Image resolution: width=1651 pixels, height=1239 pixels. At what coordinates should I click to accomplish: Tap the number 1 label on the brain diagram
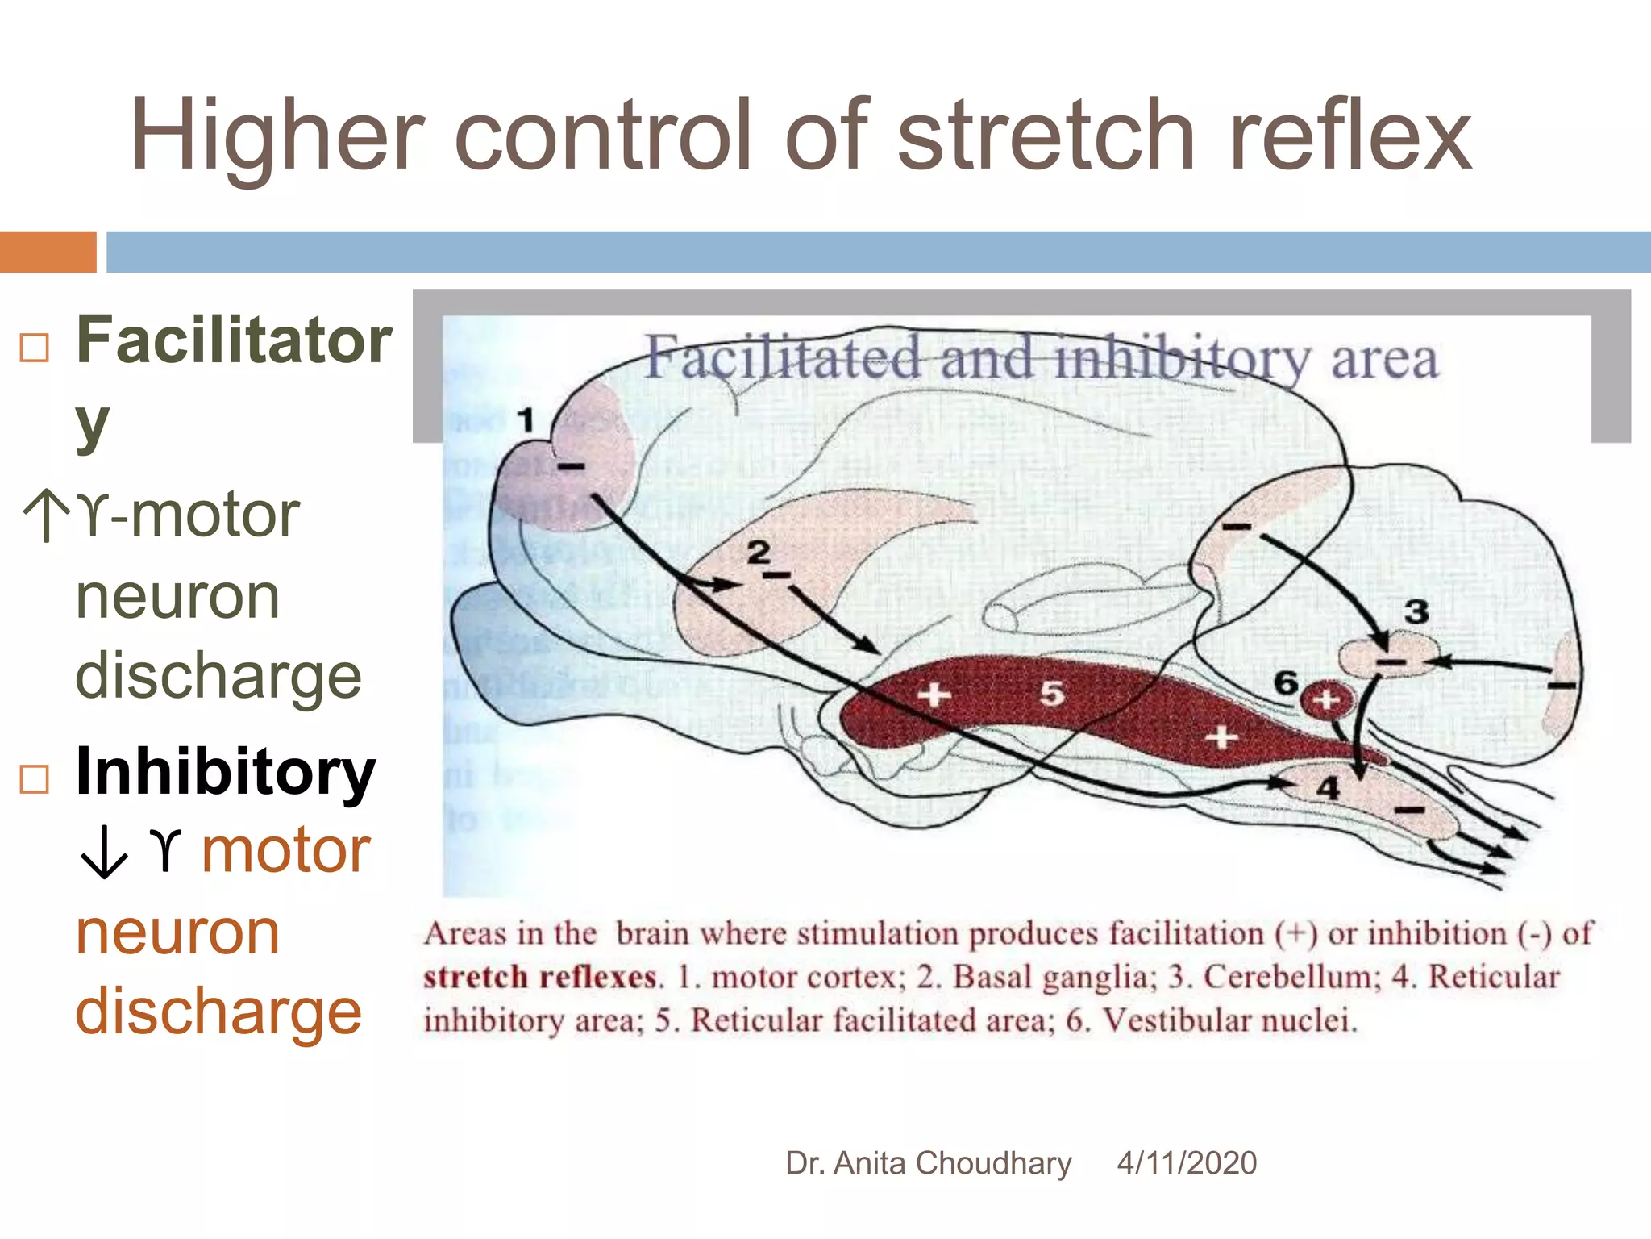(x=526, y=419)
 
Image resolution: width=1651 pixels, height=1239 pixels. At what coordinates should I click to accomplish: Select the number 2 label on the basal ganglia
(x=759, y=553)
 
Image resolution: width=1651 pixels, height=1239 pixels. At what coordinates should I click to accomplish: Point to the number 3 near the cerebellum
(x=1416, y=611)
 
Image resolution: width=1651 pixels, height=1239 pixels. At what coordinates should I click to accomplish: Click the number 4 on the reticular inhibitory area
(x=1329, y=787)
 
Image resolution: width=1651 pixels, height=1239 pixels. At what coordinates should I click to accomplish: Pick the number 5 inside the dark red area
(x=1051, y=692)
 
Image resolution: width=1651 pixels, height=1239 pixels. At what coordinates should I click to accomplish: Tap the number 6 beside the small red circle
(x=1286, y=682)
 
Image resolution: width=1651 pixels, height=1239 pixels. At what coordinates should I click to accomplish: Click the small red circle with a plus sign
(x=1326, y=700)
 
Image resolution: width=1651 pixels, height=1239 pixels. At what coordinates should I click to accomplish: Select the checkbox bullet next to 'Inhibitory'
(x=35, y=778)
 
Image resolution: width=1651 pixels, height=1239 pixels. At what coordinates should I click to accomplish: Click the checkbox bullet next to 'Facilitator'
(x=35, y=348)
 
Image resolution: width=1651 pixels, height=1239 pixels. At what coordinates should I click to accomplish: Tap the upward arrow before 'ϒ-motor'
(x=47, y=515)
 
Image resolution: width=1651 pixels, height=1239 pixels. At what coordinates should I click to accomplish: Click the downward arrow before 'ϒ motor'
(x=103, y=852)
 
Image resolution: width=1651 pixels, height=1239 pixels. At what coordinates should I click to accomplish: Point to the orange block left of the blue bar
(x=48, y=252)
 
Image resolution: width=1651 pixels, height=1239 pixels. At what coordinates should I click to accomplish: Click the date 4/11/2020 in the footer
(x=1187, y=1163)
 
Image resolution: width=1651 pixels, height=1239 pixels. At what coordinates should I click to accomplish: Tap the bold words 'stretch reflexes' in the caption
(x=540, y=977)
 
